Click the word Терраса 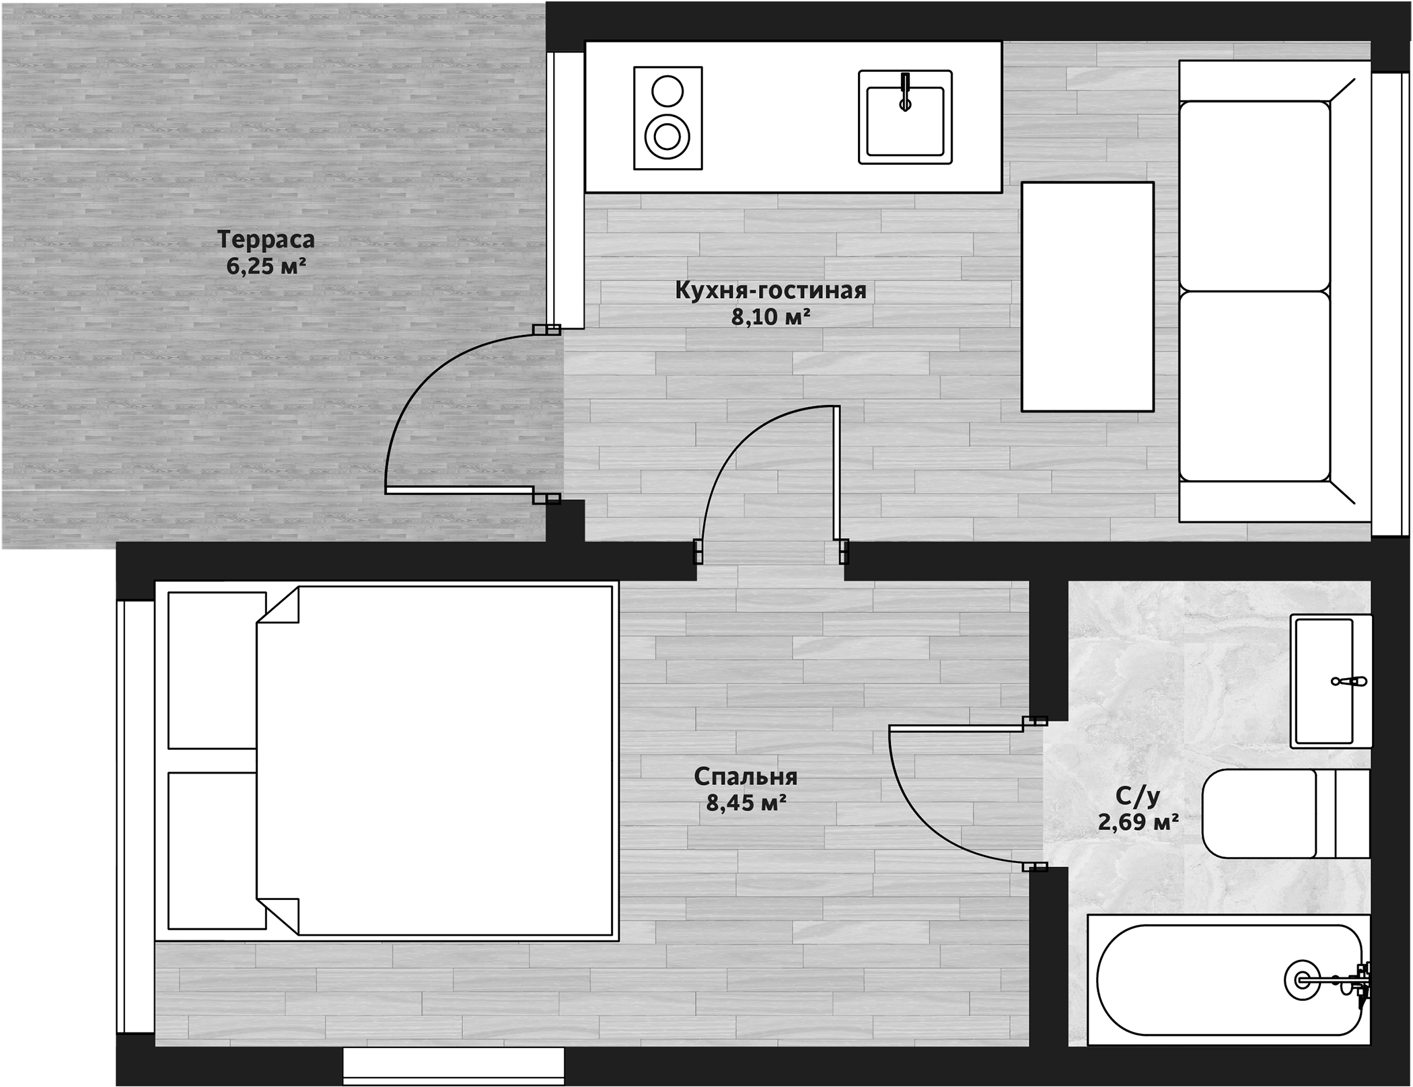[266, 239]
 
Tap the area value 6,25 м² [266, 267]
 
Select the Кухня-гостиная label [770, 291]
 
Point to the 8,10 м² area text [771, 317]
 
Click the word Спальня [746, 777]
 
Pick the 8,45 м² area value [746, 802]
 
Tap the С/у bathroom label [1138, 796]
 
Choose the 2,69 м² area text [1138, 822]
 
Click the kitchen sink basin [905, 117]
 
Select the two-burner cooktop [668, 118]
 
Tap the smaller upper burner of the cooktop [668, 90]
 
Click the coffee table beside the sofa [1087, 297]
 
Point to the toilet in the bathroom [1286, 814]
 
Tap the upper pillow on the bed [217, 670]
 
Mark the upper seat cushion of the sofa [1255, 196]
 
